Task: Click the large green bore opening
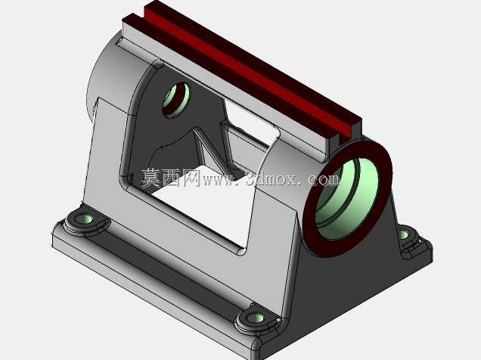coord(346,200)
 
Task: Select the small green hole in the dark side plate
coord(176,101)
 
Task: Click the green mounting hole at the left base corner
coord(83,219)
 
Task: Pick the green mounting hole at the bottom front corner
coord(256,318)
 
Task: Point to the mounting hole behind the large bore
coord(404,234)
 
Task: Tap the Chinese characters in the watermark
coord(171,178)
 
